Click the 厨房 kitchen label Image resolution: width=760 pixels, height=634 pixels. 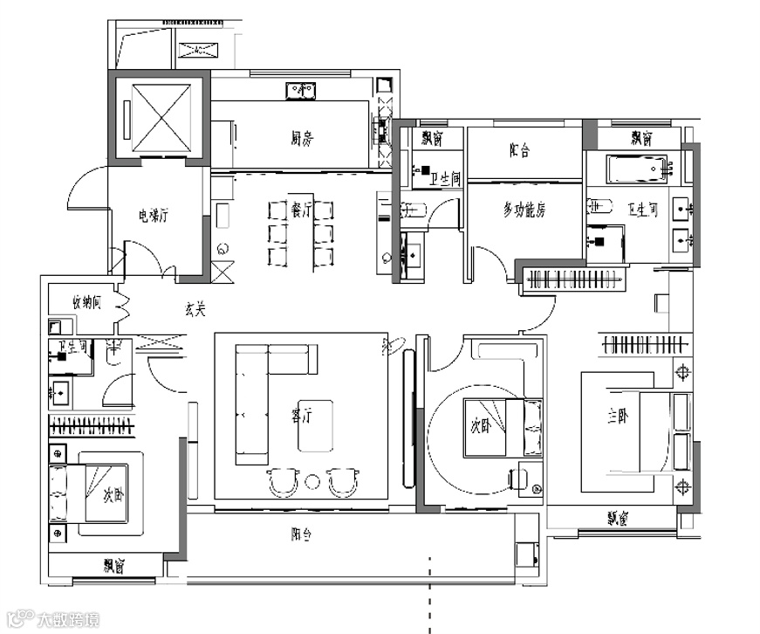[x=301, y=136]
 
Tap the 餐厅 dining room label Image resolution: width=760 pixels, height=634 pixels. [x=301, y=210]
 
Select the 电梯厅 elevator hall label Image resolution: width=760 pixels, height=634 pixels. [x=153, y=215]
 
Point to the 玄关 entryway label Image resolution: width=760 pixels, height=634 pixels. [x=195, y=308]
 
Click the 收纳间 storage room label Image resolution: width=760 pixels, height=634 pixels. [x=87, y=302]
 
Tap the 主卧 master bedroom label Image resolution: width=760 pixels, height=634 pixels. [x=617, y=417]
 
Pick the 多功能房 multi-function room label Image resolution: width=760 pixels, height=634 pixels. [x=524, y=210]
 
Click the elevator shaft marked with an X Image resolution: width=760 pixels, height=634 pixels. [x=159, y=116]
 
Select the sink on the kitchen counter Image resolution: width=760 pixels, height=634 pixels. [x=302, y=89]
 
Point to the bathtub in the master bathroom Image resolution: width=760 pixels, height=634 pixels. [x=637, y=168]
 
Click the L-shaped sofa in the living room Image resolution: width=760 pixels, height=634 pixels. [x=253, y=402]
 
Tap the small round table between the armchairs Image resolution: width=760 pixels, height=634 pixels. [x=313, y=481]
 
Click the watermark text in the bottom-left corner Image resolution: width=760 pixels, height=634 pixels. [x=66, y=621]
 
